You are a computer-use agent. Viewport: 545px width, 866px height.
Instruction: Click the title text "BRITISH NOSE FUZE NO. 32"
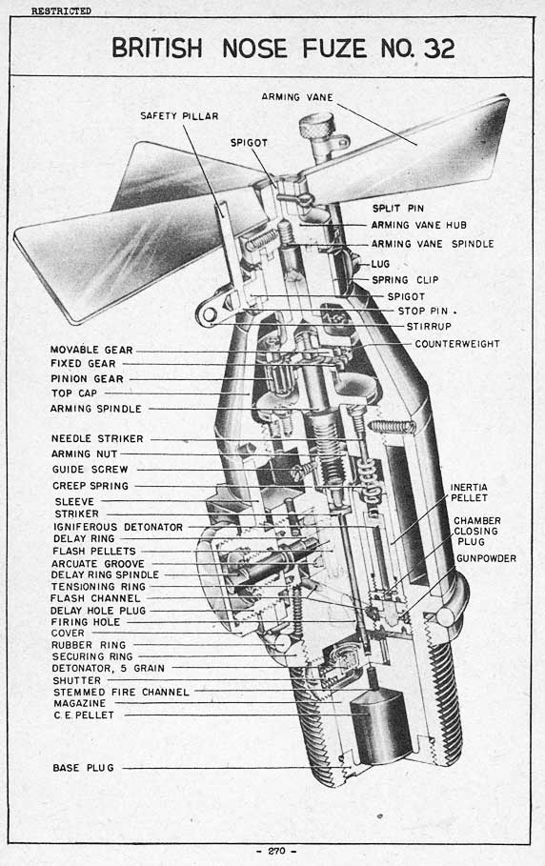point(283,49)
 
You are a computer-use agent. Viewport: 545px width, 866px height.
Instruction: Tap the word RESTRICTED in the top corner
point(61,11)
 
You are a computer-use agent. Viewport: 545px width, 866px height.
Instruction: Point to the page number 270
point(276,851)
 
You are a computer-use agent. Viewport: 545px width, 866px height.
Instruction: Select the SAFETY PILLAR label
point(179,116)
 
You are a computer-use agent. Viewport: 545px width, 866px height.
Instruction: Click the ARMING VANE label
point(297,97)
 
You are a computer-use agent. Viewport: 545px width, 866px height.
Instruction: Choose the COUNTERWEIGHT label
point(457,344)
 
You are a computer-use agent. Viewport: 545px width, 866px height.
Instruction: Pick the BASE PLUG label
point(84,768)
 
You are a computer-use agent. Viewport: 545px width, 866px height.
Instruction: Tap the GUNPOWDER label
point(486,558)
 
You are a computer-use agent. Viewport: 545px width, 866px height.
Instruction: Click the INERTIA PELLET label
point(469,493)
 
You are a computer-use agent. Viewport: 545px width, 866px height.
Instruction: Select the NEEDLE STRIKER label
point(97,438)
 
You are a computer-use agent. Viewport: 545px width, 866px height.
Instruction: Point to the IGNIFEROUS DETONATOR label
point(117,527)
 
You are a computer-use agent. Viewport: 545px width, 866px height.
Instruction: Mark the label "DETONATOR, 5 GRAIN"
point(109,668)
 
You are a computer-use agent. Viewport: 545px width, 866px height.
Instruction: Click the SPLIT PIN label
point(398,209)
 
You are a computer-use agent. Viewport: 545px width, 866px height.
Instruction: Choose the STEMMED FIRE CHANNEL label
point(121,692)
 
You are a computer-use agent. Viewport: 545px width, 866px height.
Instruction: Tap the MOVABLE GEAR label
point(91,350)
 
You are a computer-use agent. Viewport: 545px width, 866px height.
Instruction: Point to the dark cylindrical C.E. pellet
point(381,726)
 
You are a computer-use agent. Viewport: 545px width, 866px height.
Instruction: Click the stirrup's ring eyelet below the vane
point(210,314)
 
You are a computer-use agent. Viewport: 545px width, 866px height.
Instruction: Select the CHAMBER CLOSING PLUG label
point(477,531)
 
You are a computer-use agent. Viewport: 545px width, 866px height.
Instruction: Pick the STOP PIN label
point(422,311)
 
